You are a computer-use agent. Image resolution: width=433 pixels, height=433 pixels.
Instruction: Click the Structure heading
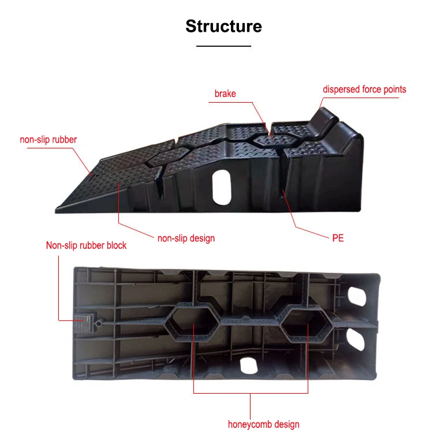coord(223,27)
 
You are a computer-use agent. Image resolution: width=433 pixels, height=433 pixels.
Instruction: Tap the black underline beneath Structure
coord(223,46)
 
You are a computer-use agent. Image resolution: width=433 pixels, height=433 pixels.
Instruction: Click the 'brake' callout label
coord(225,93)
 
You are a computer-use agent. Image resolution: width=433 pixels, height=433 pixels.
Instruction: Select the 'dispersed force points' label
coord(364,89)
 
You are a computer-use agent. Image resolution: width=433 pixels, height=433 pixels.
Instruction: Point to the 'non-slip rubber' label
coord(48,139)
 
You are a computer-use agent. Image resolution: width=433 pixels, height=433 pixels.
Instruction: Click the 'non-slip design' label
coord(186,238)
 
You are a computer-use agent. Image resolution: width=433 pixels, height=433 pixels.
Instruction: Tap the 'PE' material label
coord(338,238)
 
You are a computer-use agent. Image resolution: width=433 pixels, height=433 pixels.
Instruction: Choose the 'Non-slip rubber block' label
coord(86,245)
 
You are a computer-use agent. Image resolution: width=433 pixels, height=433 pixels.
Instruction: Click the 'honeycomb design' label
coord(263,424)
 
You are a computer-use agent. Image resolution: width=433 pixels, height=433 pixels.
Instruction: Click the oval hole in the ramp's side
coord(221,187)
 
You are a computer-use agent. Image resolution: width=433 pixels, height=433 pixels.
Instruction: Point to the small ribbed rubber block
coord(84,322)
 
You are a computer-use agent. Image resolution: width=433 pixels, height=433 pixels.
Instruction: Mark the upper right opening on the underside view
coord(357,296)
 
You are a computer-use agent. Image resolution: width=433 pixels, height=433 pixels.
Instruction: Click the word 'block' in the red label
coord(115,245)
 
